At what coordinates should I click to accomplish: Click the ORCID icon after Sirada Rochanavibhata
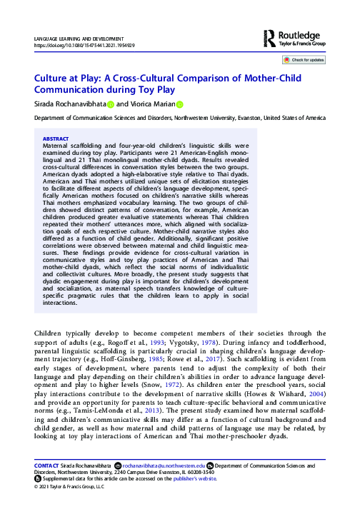[x=110, y=104]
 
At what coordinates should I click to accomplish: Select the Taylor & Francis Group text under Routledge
[x=301, y=44]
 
